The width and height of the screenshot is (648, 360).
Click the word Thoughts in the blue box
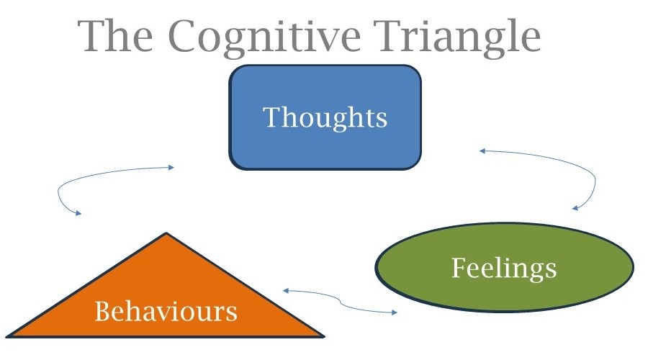click(x=325, y=118)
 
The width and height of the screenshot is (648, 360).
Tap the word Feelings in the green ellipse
click(x=504, y=269)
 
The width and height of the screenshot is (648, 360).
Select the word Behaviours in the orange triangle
click(x=166, y=311)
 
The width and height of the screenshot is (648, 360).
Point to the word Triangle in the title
click(x=457, y=37)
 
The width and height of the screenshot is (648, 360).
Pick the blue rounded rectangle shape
click(x=325, y=117)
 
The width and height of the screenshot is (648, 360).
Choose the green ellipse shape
click(x=504, y=267)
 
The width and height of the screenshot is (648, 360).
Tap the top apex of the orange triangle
click(x=166, y=233)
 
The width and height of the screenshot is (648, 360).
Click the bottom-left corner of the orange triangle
click(x=6, y=337)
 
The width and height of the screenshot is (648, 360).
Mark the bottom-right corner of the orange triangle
click(x=325, y=337)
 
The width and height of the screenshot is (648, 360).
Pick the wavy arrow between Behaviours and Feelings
click(x=340, y=301)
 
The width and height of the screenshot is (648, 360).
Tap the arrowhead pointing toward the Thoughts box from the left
click(x=171, y=167)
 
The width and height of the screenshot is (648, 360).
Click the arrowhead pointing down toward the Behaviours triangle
click(x=78, y=213)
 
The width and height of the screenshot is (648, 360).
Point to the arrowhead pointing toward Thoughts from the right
click(x=482, y=151)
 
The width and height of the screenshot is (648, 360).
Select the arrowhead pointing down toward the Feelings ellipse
click(x=575, y=208)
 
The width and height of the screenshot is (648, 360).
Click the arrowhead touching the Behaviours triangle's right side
click(x=286, y=291)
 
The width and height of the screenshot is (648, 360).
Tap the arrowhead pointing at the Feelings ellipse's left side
click(x=395, y=312)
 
